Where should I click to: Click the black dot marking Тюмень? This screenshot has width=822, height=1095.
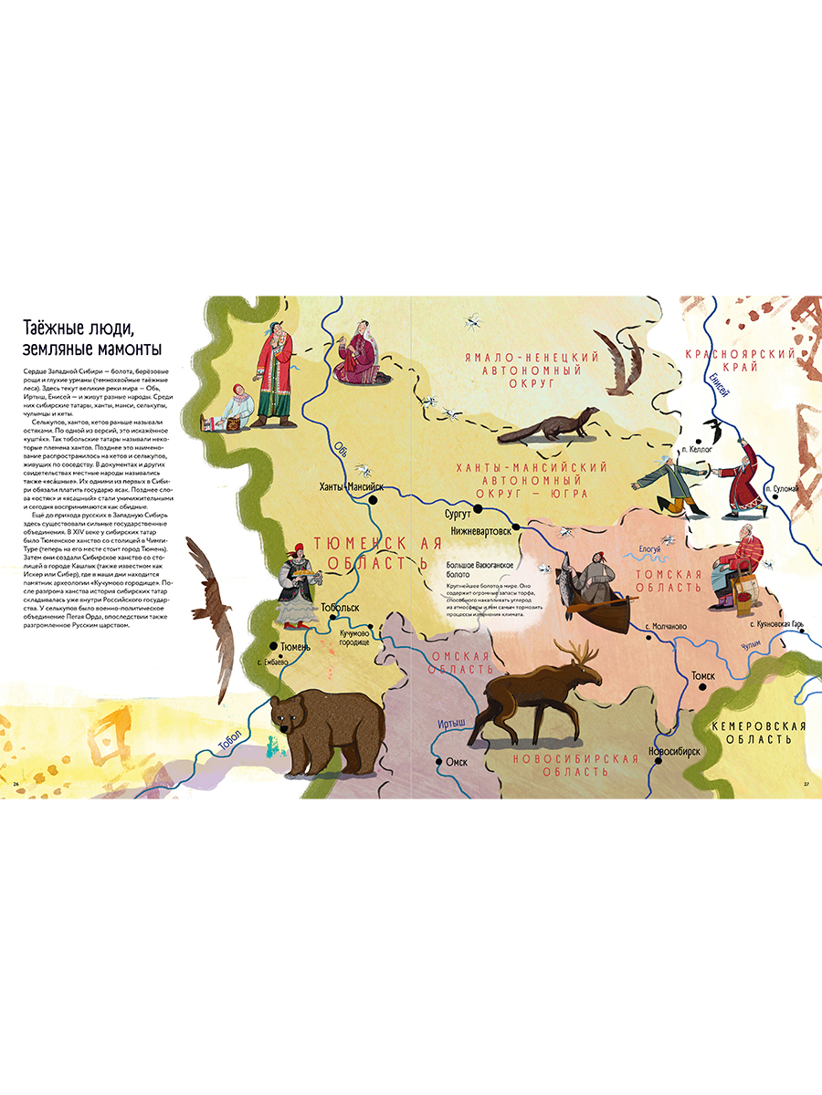click(271, 646)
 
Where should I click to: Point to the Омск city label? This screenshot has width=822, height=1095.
click(458, 761)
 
